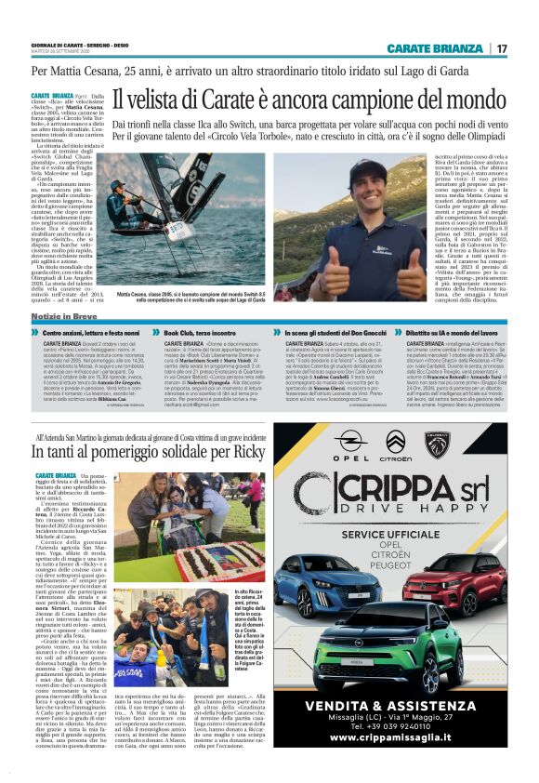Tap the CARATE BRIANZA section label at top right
[x=435, y=48]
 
